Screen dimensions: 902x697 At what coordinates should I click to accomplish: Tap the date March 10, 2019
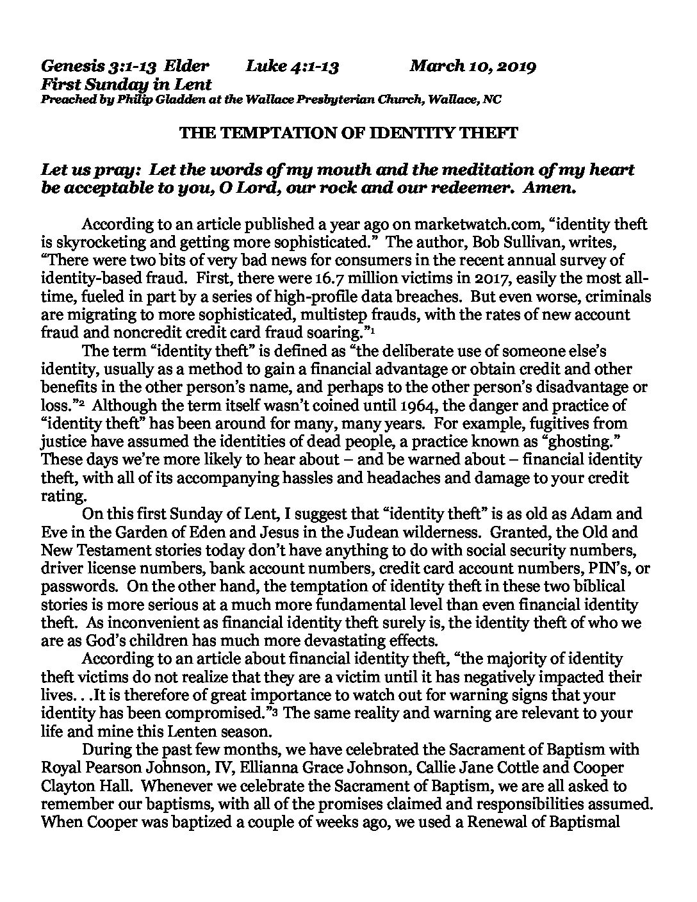473,65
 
